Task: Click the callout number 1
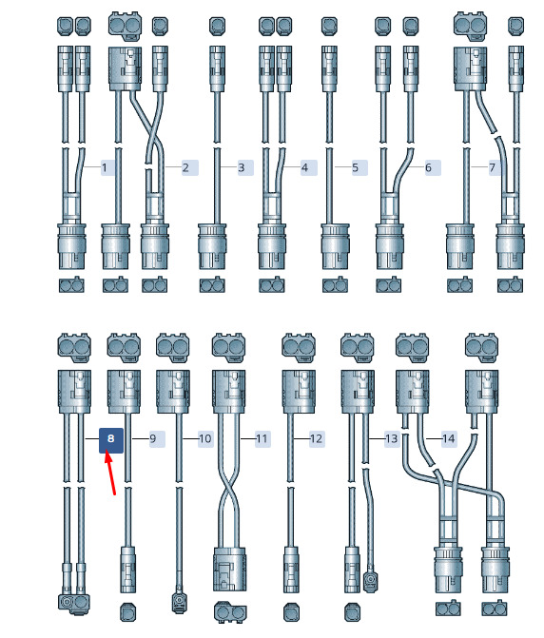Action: pyautogui.click(x=105, y=167)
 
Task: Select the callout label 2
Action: pyautogui.click(x=186, y=167)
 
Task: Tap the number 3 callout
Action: pyautogui.click(x=242, y=167)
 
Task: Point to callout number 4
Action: pyautogui.click(x=304, y=167)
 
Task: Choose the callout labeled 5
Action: pyautogui.click(x=356, y=167)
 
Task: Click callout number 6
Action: pyautogui.click(x=428, y=167)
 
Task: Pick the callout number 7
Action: pyautogui.click(x=493, y=167)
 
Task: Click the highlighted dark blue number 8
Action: pyautogui.click(x=111, y=439)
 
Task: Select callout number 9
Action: pyautogui.click(x=153, y=438)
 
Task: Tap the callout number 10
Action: pyautogui.click(x=205, y=438)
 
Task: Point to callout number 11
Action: pyautogui.click(x=262, y=438)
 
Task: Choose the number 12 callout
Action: pyautogui.click(x=316, y=438)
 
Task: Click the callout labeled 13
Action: pyautogui.click(x=392, y=438)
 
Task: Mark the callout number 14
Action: pyautogui.click(x=448, y=438)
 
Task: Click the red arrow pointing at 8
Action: pyautogui.click(x=110, y=472)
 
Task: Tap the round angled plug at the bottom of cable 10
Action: pyautogui.click(x=179, y=601)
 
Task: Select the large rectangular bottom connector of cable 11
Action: pyautogui.click(x=230, y=569)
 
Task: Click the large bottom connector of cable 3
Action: pyautogui.click(x=211, y=246)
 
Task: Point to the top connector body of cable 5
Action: pyautogui.click(x=329, y=68)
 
